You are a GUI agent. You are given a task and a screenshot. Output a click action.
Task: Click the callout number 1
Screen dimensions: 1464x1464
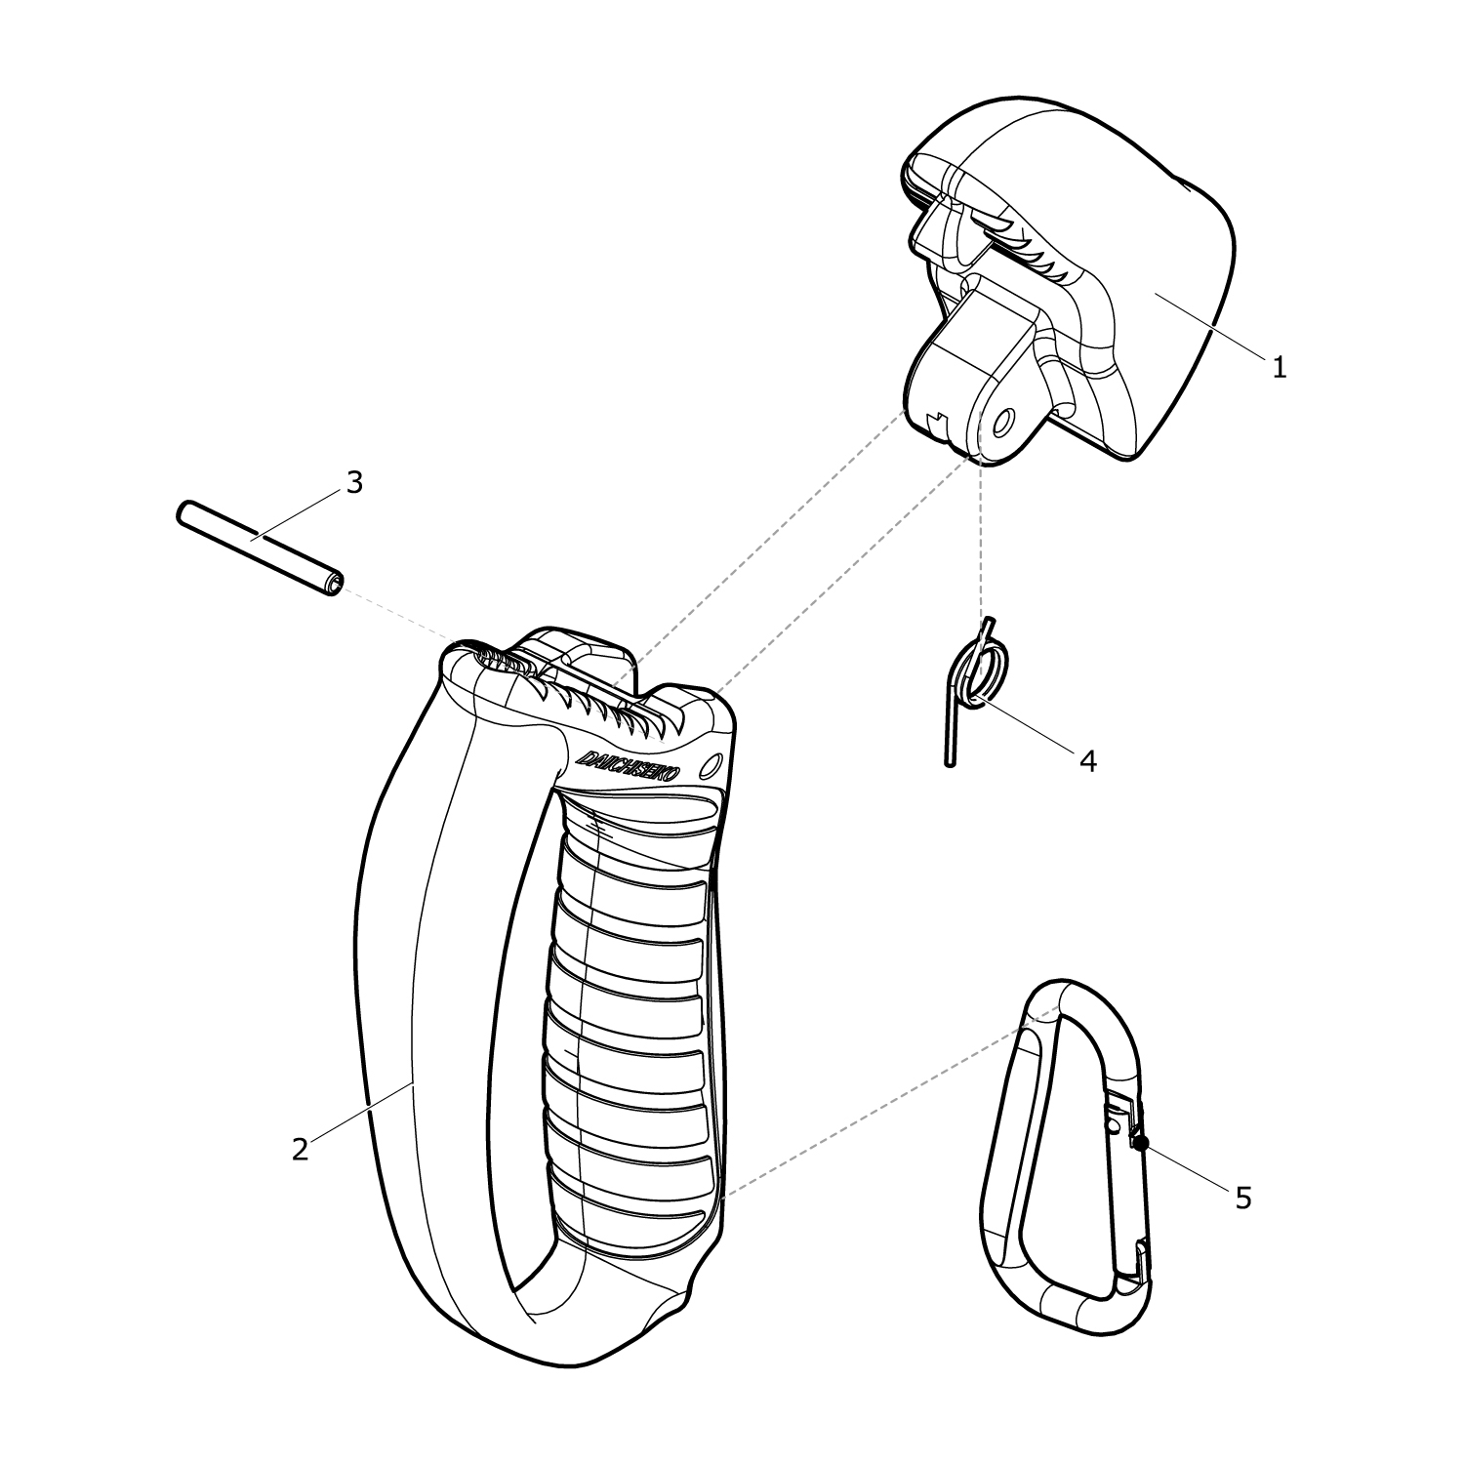(1279, 368)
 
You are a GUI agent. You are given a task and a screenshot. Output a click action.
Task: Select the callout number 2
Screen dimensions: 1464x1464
(300, 1149)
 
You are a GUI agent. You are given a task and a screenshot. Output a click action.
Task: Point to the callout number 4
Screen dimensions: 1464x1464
(1087, 759)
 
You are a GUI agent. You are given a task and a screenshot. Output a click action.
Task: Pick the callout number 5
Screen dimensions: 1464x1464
(1242, 1198)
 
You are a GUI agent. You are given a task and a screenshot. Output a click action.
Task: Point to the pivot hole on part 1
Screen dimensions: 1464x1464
(1002, 422)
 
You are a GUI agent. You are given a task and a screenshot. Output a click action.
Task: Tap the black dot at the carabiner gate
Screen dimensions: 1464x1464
(1141, 1142)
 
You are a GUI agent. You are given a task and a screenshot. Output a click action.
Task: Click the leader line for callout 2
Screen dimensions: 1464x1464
(361, 1113)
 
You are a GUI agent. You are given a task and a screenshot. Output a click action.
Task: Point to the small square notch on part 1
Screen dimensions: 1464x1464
(937, 422)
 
